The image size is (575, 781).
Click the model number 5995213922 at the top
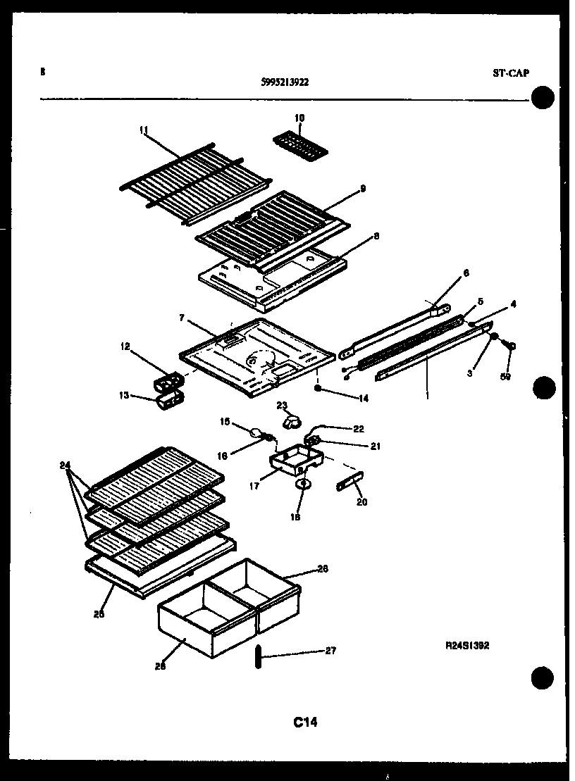tap(284, 82)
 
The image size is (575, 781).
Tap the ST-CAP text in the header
tap(511, 73)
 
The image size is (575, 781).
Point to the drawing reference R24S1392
tap(466, 644)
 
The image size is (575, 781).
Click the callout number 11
tap(144, 130)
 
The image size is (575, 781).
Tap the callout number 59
tap(506, 377)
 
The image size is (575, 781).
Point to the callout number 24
tap(66, 465)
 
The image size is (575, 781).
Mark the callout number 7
tap(181, 318)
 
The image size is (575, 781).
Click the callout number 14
tap(364, 398)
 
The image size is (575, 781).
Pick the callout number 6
tap(466, 273)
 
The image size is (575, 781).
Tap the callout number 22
tap(358, 429)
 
